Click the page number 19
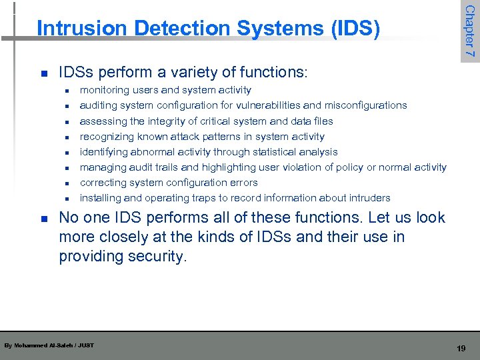tap(461, 349)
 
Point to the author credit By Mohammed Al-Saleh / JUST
tap(49, 345)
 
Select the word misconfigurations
tap(366, 105)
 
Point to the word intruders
tap(367, 198)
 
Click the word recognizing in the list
tap(107, 137)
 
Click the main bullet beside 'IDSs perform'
tap(43, 73)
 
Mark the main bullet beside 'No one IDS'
tap(43, 218)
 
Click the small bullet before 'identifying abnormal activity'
tap(67, 153)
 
